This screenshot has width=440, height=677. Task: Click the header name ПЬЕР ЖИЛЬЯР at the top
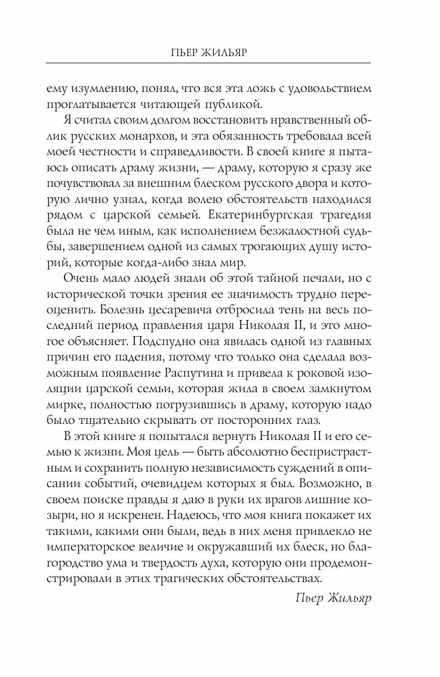click(x=220, y=52)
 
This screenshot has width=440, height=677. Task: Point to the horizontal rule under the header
click(x=220, y=64)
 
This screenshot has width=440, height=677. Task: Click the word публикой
click(x=199, y=106)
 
